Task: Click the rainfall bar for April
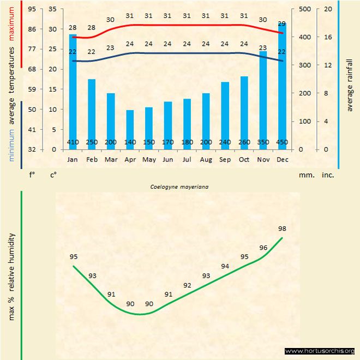(130, 129)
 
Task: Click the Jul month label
(187, 160)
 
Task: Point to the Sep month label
(225, 160)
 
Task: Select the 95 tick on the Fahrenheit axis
(32, 9)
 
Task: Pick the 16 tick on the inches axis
(328, 37)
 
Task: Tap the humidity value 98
(282, 229)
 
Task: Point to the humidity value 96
(263, 247)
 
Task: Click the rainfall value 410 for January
(73, 142)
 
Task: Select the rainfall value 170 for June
(167, 142)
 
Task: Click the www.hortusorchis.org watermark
(320, 351)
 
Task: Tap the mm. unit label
(305, 175)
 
